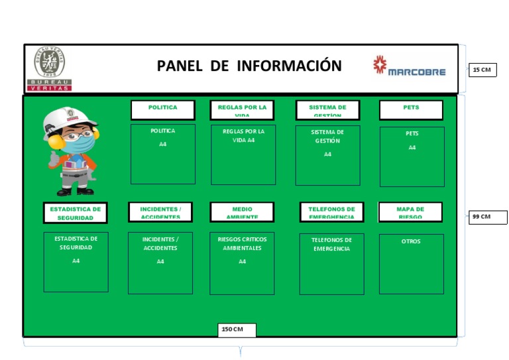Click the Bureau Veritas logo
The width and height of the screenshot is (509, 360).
click(x=50, y=68)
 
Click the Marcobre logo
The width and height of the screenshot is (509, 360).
click(x=409, y=67)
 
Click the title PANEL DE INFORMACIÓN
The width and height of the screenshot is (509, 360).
click(x=249, y=66)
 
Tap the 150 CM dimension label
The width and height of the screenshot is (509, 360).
click(x=237, y=330)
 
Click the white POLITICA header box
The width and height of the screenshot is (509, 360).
click(x=162, y=109)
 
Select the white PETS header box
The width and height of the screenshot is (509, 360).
click(x=411, y=109)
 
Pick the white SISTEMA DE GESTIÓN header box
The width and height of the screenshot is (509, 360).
click(x=327, y=110)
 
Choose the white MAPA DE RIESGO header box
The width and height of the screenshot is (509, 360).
click(x=410, y=212)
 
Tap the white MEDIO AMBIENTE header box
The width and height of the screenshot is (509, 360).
click(x=242, y=212)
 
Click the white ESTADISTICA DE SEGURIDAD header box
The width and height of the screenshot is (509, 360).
click(x=76, y=213)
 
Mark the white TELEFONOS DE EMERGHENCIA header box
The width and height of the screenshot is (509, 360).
click(x=331, y=212)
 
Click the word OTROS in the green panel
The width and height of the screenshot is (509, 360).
click(x=411, y=241)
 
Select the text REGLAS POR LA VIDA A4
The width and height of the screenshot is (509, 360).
click(x=243, y=135)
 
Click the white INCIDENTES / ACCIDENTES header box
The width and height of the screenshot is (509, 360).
click(x=160, y=212)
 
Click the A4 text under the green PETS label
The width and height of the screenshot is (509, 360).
click(x=412, y=148)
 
